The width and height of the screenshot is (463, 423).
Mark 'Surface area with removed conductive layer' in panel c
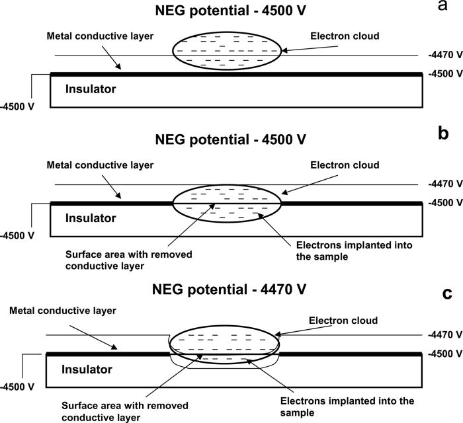(124, 410)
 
